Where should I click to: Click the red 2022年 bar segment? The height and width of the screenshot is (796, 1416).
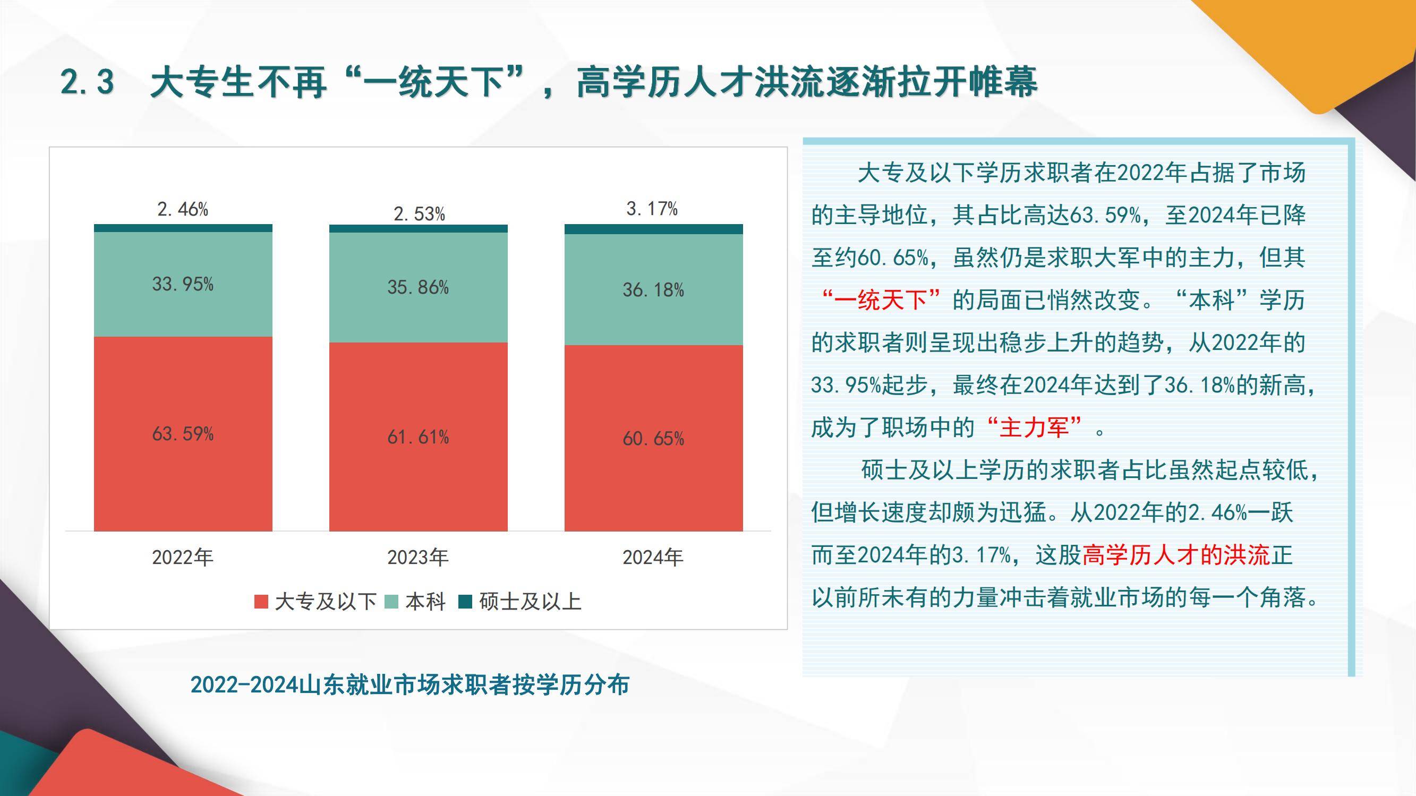183,434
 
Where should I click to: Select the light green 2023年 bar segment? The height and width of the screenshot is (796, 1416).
419,287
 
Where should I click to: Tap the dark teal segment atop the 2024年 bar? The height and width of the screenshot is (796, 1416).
654,229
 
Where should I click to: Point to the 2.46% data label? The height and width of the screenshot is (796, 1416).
183,209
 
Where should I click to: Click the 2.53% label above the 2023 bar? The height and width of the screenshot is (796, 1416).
419,214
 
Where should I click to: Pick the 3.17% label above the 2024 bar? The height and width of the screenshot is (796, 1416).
652,209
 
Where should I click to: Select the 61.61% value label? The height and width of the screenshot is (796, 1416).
419,438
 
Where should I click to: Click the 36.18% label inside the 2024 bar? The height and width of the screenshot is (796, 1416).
654,290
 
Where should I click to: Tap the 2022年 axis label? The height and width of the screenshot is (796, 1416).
183,558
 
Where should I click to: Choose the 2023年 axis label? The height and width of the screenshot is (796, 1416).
419,558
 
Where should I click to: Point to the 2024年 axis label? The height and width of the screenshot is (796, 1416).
653,558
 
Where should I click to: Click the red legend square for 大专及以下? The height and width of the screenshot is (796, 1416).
261,602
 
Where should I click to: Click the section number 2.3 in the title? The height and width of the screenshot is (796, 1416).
88,82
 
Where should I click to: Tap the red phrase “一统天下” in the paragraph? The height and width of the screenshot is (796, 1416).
881,301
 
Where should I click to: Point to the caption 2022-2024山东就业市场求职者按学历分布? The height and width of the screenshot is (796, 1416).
410,685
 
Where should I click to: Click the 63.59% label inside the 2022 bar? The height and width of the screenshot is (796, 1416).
183,434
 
